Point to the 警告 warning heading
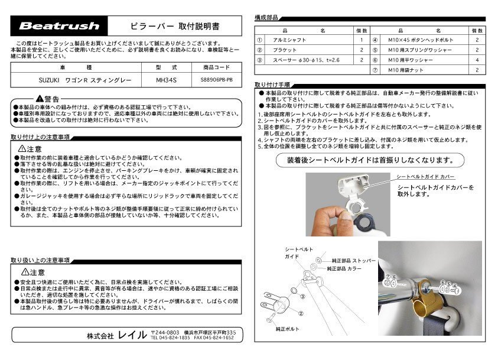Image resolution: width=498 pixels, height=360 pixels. (x=48, y=98)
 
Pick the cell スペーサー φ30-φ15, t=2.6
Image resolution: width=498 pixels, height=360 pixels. (x=307, y=60)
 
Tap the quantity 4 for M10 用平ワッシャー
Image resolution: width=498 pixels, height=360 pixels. (x=477, y=60)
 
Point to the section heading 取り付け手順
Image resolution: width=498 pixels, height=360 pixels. (x=272, y=85)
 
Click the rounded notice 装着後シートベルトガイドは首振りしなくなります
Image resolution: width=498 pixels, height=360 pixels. (x=370, y=160)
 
